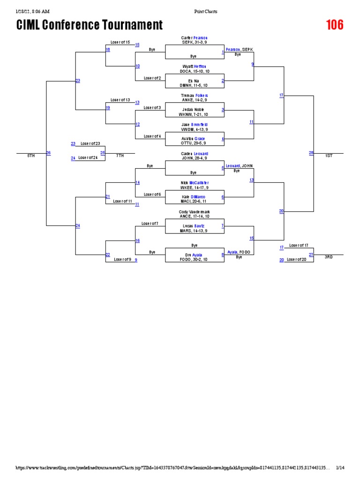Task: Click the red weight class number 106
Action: click(335, 25)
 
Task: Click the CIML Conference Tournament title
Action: click(90, 25)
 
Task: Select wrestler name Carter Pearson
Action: click(194, 37)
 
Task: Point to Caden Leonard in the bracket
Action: click(194, 153)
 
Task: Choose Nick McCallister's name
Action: click(194, 182)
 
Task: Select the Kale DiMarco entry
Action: click(194, 197)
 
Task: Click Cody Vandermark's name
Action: click(194, 211)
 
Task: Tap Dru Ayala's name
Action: click(194, 255)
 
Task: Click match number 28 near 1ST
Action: click(311, 153)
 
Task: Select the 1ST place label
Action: click(329, 156)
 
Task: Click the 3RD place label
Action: click(329, 257)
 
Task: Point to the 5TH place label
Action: click(31, 156)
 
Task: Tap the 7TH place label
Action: click(120, 156)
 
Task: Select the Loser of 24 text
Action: click(88, 158)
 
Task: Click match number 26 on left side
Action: click(48, 153)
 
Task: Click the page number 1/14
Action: click(340, 468)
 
